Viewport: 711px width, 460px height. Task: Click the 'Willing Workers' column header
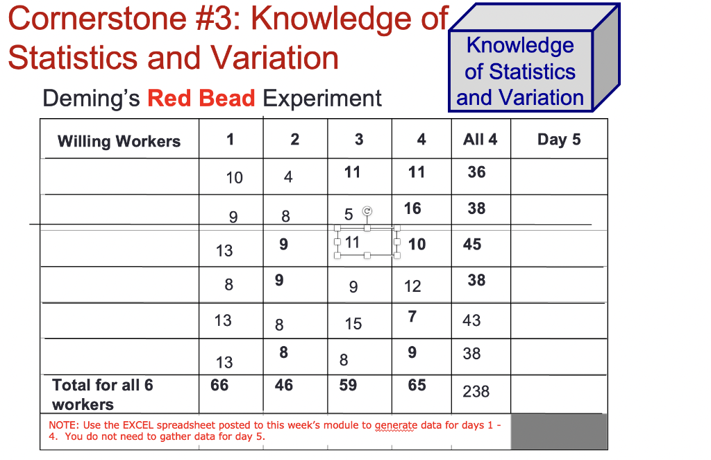click(119, 141)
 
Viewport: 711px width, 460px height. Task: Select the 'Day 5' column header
click(558, 140)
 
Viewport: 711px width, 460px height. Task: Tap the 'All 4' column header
click(480, 140)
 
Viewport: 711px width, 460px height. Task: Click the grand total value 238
click(476, 391)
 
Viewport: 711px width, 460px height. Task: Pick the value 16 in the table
click(412, 208)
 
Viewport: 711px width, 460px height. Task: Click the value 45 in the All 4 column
click(472, 245)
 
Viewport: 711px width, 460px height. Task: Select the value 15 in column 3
click(353, 323)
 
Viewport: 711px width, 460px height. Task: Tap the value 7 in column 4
click(412, 317)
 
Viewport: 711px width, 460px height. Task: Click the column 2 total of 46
click(283, 385)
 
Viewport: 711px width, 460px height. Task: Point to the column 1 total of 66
click(219, 385)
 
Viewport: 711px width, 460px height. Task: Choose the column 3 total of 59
click(348, 385)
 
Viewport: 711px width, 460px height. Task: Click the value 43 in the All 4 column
click(471, 320)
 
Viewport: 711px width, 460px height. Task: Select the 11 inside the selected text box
click(352, 243)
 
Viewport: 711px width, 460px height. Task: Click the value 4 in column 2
click(288, 177)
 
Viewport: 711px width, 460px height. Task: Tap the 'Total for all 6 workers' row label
click(102, 394)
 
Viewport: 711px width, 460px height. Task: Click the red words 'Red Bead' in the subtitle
click(201, 99)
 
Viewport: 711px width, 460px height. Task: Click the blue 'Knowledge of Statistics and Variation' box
click(520, 72)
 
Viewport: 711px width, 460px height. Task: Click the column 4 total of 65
click(417, 385)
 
